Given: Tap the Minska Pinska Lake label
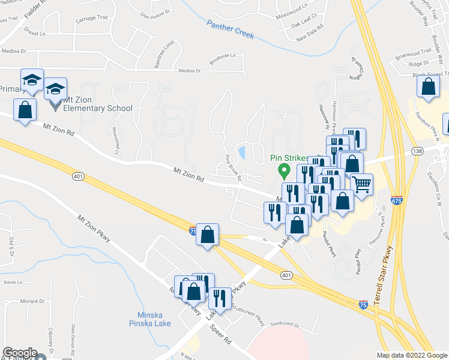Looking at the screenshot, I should click(x=149, y=318).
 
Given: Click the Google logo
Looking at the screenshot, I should click(x=19, y=353).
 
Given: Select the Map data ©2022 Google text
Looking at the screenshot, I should click(x=412, y=355).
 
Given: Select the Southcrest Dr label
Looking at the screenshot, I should click(x=285, y=324).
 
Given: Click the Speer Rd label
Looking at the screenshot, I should click(x=220, y=335).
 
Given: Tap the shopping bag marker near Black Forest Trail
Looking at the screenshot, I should click(x=428, y=87).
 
